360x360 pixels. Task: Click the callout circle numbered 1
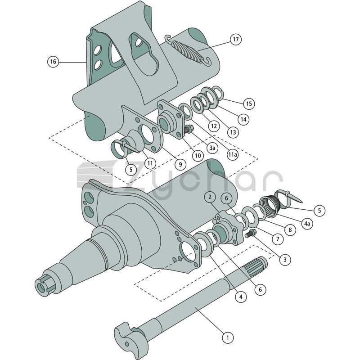point(228,337)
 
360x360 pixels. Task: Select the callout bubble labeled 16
point(53,62)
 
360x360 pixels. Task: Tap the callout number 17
point(236,39)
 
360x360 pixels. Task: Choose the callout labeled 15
point(249,103)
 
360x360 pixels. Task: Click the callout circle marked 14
point(243,119)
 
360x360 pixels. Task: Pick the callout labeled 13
point(233,132)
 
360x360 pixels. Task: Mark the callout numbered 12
point(214,126)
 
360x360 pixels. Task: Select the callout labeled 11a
point(232,154)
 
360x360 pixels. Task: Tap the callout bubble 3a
point(212,148)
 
